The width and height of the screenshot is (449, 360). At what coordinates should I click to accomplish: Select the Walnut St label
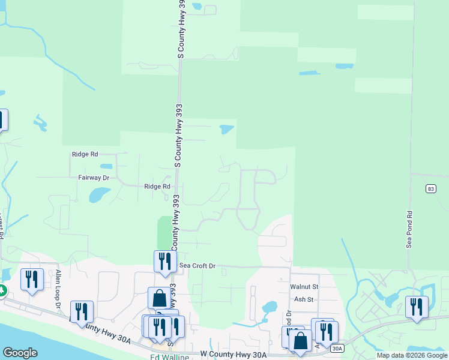click(304, 287)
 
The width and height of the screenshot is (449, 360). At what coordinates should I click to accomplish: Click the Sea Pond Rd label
click(410, 229)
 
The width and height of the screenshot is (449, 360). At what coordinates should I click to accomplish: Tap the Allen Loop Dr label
click(59, 289)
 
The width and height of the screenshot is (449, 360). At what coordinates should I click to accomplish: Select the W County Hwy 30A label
click(233, 355)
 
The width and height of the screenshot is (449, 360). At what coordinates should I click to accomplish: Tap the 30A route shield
click(337, 347)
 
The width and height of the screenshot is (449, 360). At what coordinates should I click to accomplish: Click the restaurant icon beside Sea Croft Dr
click(162, 261)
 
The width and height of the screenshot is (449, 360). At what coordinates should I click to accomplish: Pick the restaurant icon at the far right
click(416, 307)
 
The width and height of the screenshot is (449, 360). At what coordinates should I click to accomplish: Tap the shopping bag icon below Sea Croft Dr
click(159, 298)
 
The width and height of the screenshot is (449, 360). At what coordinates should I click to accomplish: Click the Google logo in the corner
click(20, 353)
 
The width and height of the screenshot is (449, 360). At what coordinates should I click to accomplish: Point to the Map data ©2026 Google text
click(411, 355)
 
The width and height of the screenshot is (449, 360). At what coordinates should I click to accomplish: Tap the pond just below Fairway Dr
click(99, 194)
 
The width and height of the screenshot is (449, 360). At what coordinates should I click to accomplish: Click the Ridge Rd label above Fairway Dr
click(85, 154)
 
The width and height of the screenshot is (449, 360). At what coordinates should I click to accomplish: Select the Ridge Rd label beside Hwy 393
click(157, 187)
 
